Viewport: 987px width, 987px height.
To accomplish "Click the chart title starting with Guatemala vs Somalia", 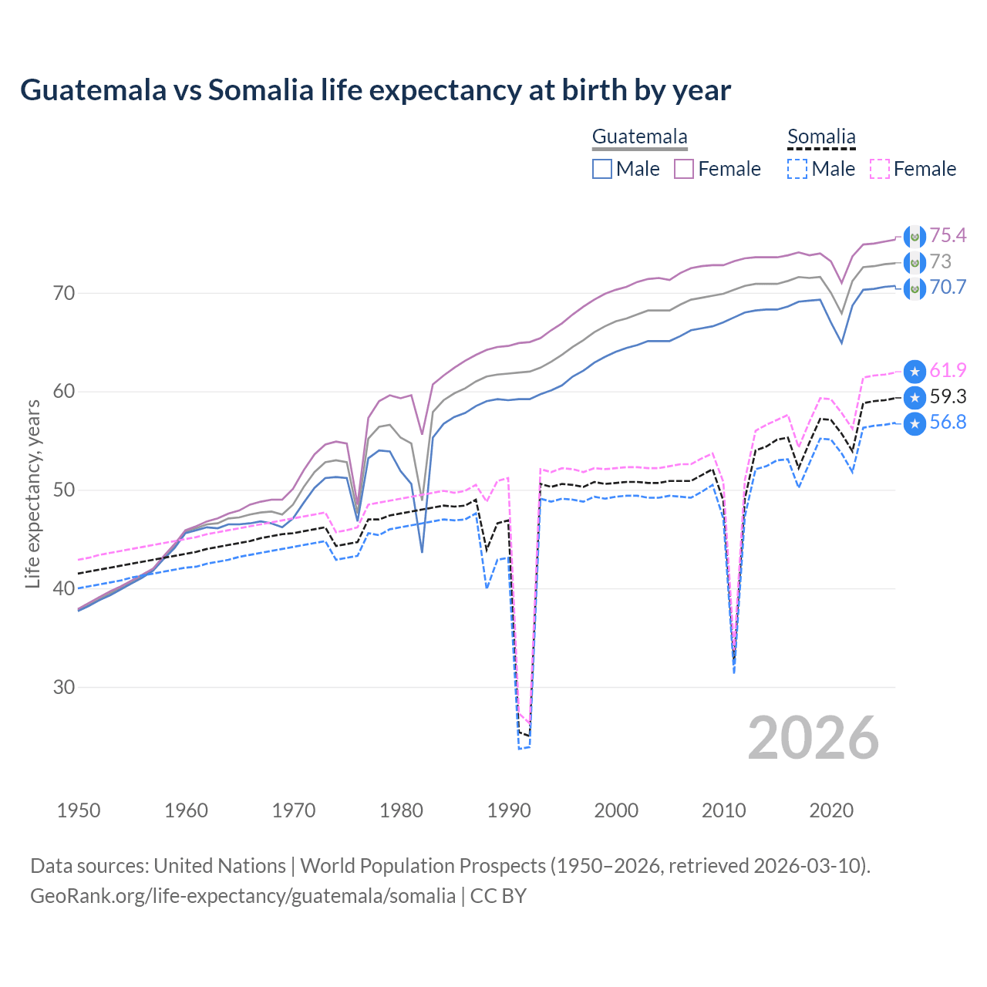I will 376,90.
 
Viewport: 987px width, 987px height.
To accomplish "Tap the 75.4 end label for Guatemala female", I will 948,235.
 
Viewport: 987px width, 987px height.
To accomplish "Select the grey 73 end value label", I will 941,261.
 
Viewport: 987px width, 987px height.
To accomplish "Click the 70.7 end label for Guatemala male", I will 948,288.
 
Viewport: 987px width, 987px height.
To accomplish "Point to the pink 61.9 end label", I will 948,370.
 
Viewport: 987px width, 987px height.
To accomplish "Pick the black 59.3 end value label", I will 948,396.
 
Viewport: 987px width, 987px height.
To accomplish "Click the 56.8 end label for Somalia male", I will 948,423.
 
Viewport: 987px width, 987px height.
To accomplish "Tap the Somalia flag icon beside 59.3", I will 915,398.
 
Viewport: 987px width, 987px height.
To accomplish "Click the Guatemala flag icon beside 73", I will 915,263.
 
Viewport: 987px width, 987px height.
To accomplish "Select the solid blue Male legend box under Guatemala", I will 602,169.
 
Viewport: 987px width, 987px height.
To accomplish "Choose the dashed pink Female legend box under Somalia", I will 880,169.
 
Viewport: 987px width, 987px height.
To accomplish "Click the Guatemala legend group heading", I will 639,137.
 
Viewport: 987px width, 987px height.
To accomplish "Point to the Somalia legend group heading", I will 821,137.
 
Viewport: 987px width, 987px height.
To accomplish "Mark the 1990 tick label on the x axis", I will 509,810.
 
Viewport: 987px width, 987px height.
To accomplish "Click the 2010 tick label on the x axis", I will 723,810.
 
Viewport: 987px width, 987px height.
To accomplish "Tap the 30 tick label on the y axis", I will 64,687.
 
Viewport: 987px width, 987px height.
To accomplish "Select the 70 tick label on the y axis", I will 64,293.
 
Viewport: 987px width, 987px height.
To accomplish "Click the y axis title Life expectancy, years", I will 33,493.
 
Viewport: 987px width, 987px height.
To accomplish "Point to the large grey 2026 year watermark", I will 814,738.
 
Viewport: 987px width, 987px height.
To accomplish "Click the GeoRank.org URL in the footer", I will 243,896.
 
